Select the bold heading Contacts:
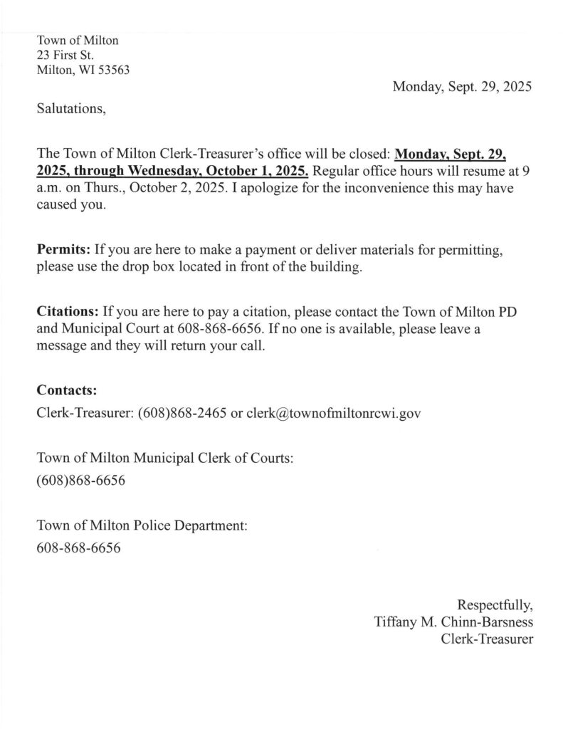point(66,391)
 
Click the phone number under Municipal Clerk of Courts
point(80,481)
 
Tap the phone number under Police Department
point(78,548)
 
